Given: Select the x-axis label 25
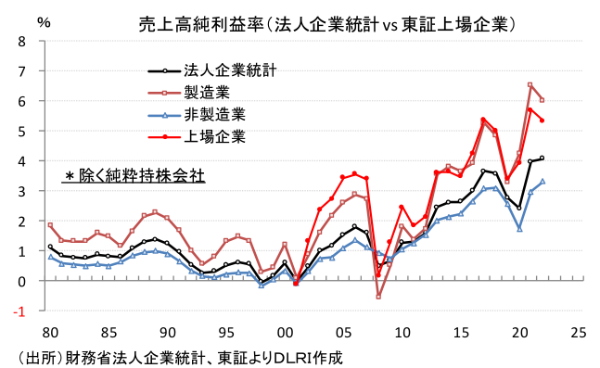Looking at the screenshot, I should point(579,331).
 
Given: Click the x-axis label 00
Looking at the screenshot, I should point(285,331).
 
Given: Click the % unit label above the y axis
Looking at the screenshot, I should point(44,20).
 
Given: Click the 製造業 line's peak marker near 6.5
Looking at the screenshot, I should point(530,85).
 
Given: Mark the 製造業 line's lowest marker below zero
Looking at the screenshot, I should point(378,297).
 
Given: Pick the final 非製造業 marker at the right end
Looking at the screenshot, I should point(543,182).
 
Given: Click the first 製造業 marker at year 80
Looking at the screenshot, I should point(50,225).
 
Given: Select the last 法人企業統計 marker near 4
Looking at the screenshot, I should point(543,159).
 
